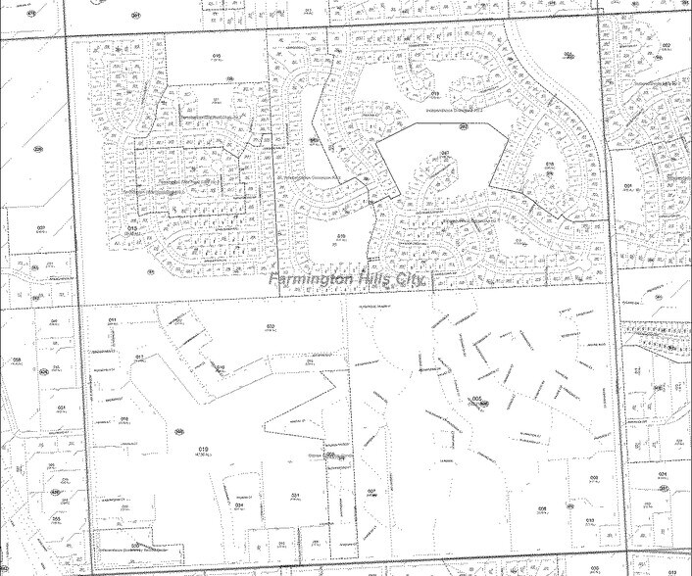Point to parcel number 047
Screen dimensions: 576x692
point(444,154)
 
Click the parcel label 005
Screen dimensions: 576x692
point(477,399)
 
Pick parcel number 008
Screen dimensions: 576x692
point(594,477)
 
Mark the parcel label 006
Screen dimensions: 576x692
point(542,509)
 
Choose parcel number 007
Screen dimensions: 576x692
point(371,491)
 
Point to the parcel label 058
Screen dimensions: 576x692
point(17,360)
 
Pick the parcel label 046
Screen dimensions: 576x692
point(56,320)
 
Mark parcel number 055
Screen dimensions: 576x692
point(57,518)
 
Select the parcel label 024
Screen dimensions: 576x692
point(664,474)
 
